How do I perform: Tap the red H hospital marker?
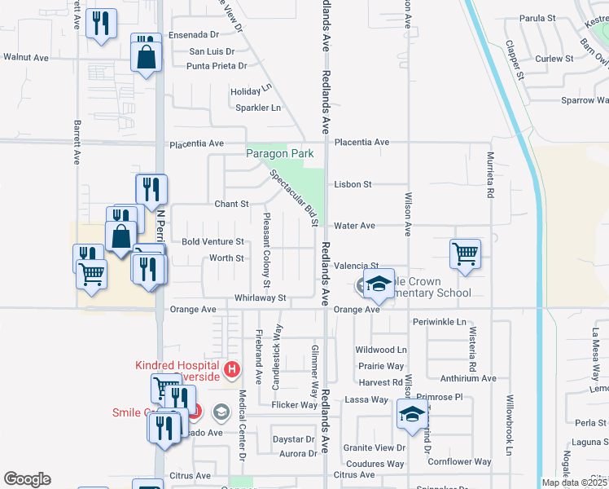[x=232, y=371]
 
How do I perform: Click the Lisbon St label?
[x=353, y=185]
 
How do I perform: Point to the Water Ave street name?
[x=354, y=225]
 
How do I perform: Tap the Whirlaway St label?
[x=260, y=298]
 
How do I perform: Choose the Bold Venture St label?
[x=212, y=242]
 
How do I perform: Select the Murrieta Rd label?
[x=491, y=175]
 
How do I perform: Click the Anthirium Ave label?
[x=467, y=378]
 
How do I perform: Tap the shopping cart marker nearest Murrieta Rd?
[x=465, y=253]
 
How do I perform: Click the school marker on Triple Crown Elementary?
[x=379, y=284]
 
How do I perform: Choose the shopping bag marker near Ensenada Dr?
[x=147, y=58]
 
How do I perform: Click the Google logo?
[x=27, y=479]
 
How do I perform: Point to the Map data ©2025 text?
[x=573, y=482]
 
